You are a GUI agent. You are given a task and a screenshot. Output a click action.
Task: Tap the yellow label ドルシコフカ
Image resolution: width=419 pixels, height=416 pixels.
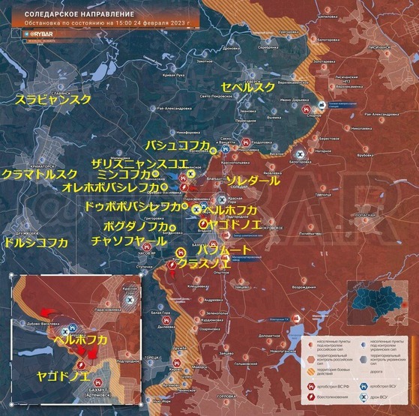point(34,242)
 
